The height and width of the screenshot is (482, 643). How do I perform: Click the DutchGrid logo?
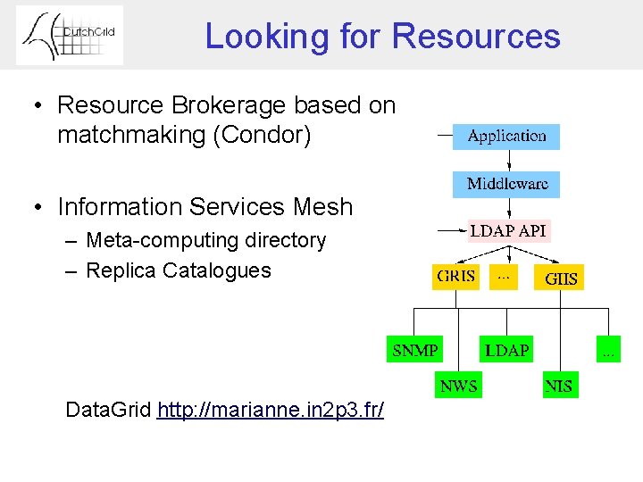70,35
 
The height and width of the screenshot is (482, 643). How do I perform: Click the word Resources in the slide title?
475,37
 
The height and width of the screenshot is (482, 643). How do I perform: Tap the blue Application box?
506,137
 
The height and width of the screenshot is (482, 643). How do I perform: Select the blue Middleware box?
506,185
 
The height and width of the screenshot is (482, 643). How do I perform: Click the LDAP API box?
508,230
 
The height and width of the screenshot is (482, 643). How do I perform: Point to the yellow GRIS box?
455,276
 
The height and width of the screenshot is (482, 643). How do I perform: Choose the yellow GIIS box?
561,278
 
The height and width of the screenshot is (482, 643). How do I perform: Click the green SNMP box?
415,349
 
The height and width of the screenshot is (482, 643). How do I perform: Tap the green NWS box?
458,386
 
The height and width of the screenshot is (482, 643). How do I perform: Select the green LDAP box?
506,349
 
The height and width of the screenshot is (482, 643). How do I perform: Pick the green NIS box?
558,386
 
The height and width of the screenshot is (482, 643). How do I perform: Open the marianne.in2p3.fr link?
271,411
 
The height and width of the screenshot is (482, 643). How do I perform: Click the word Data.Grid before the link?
108,411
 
